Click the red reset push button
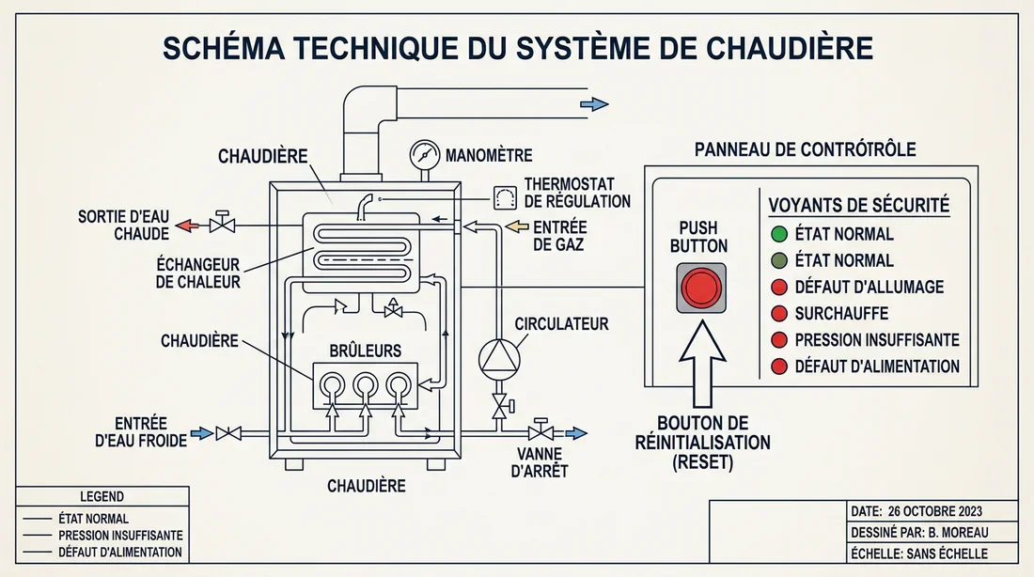(700, 288)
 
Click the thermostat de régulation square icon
(505, 197)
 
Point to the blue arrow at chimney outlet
(593, 104)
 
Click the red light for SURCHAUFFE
(777, 313)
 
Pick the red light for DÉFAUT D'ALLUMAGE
(777, 287)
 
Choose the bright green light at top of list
(777, 234)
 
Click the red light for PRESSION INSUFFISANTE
(777, 339)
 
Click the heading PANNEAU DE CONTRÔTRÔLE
(805, 149)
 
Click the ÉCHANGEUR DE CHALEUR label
(198, 273)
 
